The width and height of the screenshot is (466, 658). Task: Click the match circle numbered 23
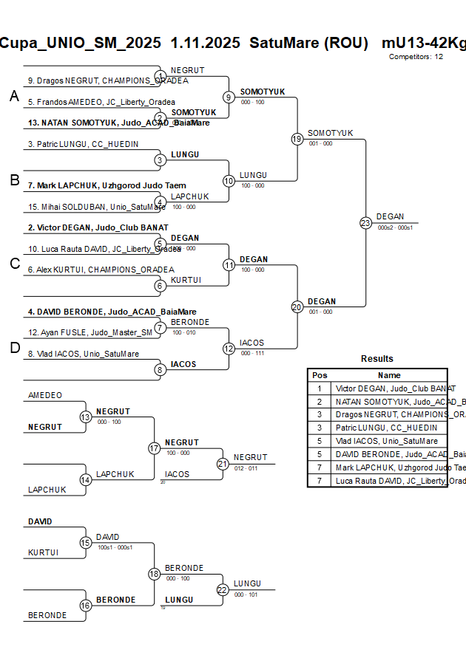365,222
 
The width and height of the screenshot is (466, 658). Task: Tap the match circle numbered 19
297,139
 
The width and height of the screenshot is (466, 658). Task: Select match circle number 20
297,306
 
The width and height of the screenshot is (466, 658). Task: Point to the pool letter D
13,349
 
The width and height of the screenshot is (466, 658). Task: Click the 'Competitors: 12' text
416,57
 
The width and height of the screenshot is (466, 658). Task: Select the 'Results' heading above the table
376,359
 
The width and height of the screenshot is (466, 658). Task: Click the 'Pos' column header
320,375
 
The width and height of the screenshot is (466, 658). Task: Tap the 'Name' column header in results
389,375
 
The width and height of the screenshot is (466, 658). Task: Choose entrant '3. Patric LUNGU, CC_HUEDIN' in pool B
83,144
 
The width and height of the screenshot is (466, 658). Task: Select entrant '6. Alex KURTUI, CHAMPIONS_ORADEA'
101,270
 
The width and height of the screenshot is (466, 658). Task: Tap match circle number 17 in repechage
154,448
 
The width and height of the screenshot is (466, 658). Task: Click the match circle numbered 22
223,589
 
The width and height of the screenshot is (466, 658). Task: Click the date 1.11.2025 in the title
205,43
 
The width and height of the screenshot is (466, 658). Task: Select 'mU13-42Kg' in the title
423,43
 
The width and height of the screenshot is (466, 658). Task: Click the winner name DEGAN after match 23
390,216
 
